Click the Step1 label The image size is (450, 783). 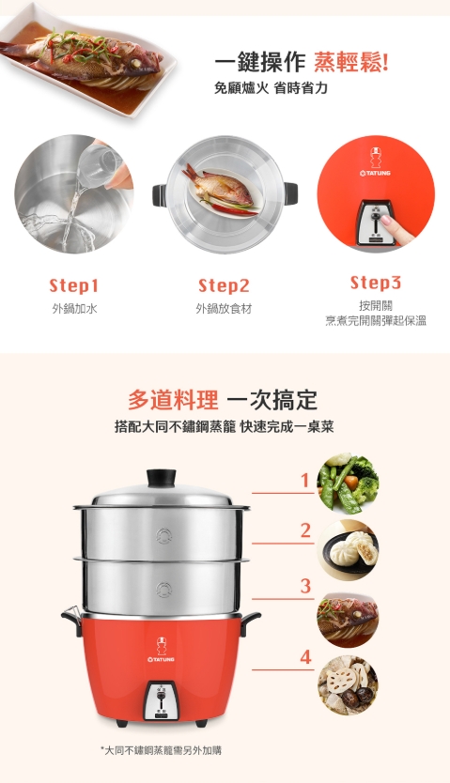[74, 285]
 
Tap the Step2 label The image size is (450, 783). [224, 285]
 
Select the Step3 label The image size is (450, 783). [376, 283]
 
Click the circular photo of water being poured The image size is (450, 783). [74, 194]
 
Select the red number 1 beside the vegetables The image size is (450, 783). [305, 482]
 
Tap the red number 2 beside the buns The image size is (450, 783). [305, 530]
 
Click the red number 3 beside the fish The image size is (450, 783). [305, 586]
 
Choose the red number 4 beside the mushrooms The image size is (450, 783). [305, 657]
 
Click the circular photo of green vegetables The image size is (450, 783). [348, 482]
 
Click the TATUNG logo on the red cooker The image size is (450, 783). [162, 652]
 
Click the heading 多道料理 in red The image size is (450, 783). [173, 400]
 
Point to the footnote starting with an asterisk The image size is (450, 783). [161, 750]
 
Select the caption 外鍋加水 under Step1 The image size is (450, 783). [74, 308]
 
